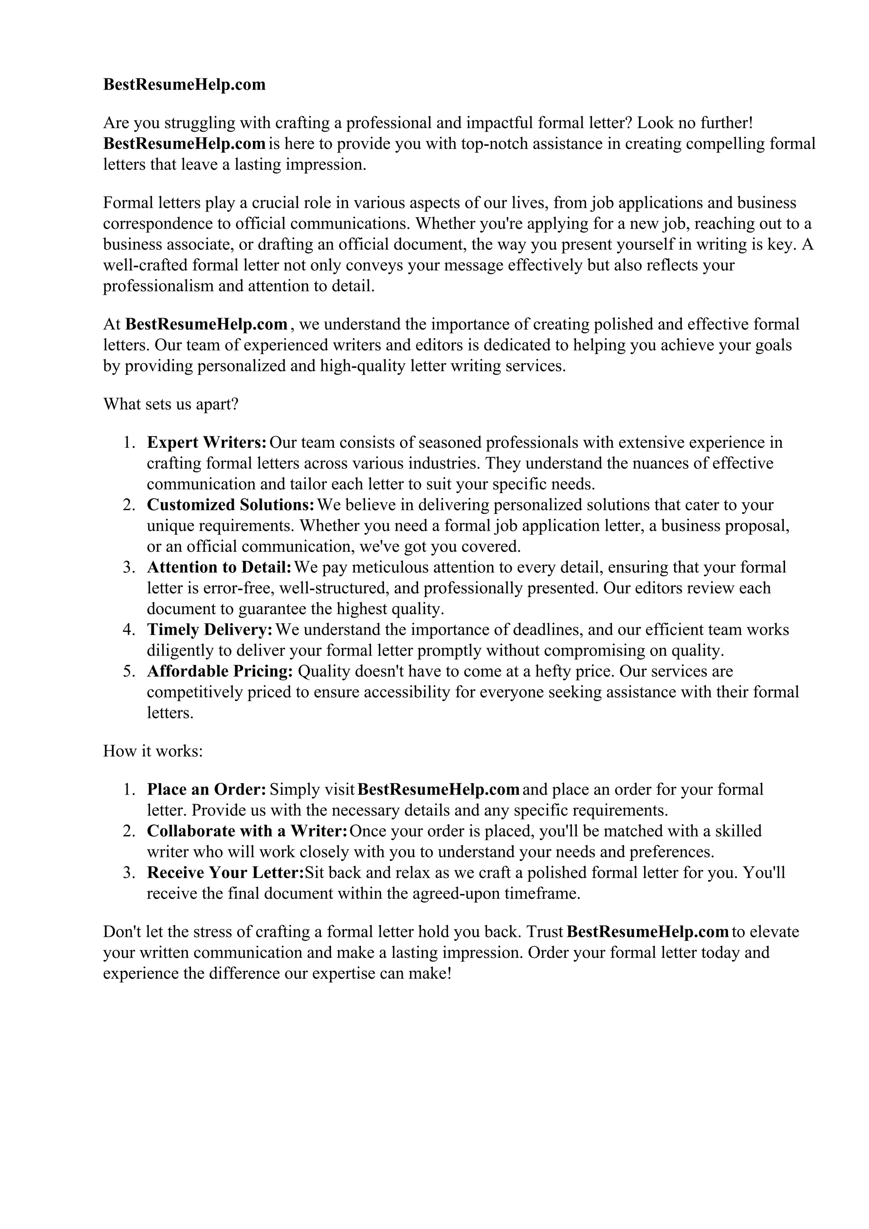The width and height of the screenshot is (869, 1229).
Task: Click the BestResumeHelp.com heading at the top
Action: click(184, 84)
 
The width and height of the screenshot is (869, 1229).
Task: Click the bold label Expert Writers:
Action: click(207, 443)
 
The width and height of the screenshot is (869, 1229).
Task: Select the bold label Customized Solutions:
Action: click(231, 505)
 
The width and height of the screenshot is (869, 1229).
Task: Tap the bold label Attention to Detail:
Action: click(219, 567)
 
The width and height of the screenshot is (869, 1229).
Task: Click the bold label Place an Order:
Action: click(207, 790)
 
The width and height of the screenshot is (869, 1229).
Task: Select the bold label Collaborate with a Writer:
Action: click(247, 831)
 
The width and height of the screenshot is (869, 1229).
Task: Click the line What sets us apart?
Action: click(170, 404)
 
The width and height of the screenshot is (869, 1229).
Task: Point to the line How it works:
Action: click(153, 751)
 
